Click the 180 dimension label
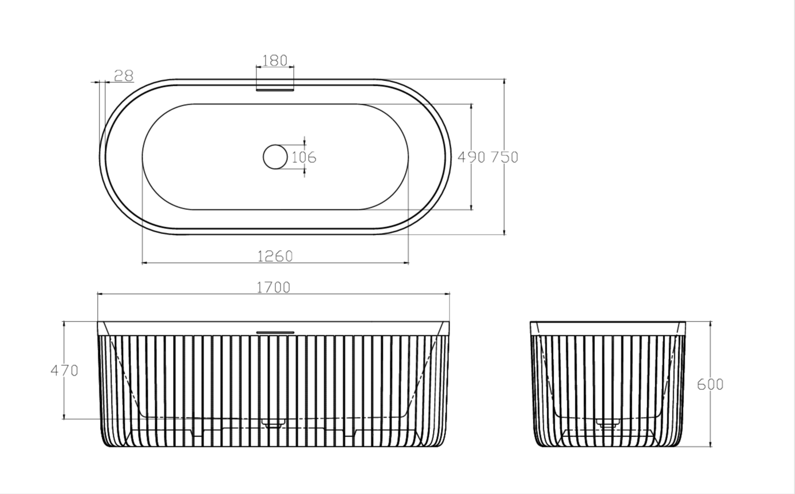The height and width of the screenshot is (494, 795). point(275,61)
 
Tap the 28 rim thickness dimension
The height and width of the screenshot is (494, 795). point(124,76)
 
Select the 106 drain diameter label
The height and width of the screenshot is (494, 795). point(304,158)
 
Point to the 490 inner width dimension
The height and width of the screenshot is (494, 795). point(471,157)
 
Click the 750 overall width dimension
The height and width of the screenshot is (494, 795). point(505,157)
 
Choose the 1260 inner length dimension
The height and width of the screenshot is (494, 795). point(275,256)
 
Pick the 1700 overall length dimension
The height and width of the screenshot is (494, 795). point(273,288)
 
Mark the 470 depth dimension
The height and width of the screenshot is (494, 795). point(64,371)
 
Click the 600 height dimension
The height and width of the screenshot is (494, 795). point(710,385)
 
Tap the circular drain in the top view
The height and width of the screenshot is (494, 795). point(275,156)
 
